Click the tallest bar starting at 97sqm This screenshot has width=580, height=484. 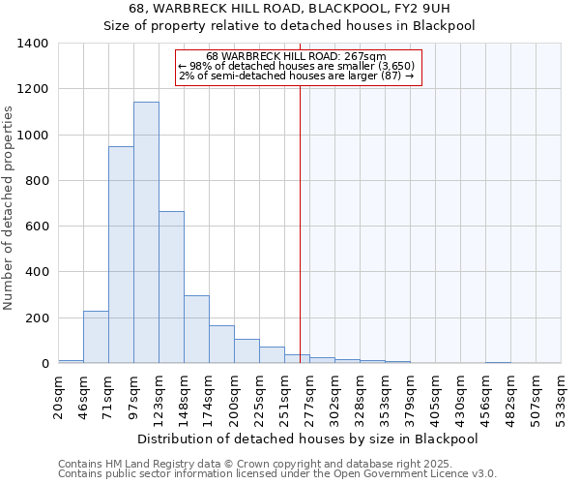146,232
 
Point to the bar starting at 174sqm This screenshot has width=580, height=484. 221,345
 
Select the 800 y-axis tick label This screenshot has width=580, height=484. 37,181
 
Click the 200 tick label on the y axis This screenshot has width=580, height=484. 37,318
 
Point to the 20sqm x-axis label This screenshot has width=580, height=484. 59,396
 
